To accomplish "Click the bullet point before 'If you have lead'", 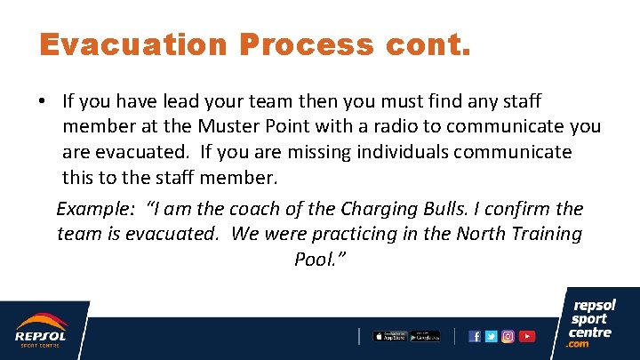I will (x=43, y=102).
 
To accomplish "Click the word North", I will (x=486, y=234).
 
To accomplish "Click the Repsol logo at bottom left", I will (x=40, y=332).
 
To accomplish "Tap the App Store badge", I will (x=389, y=336).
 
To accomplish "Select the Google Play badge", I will (x=425, y=336).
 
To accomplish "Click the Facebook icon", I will (x=475, y=336).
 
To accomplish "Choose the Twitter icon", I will (x=492, y=336).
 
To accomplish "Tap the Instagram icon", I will (x=508, y=336).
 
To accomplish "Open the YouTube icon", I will (x=527, y=336).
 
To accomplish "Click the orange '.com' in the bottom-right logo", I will (x=580, y=344).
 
